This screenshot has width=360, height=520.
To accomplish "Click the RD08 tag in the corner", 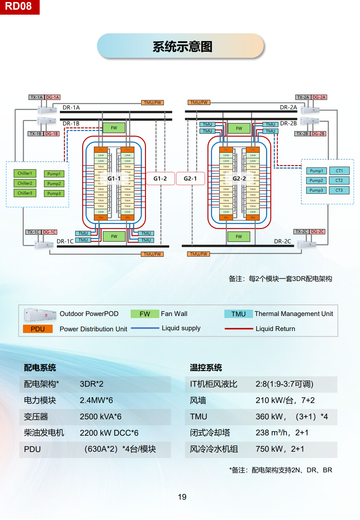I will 19,6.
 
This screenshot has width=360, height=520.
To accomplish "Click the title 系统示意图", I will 182,46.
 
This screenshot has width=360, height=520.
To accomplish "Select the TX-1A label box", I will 36,97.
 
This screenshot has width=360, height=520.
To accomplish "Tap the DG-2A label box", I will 319,97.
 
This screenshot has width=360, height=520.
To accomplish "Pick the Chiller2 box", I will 25,183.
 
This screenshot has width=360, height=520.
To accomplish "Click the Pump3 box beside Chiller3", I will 54,193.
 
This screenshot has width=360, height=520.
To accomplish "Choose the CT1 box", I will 339,171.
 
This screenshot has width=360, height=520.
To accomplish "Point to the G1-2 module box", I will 160,179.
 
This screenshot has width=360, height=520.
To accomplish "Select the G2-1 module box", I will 190,179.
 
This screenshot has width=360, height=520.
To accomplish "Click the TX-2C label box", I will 301,232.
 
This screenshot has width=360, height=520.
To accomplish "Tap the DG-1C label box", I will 50,232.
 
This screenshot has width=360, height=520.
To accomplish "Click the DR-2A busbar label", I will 288,107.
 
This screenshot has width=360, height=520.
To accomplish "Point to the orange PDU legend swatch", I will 38,329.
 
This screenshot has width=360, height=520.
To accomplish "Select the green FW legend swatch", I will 145,314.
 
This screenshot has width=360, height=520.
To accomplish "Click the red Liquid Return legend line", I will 239,329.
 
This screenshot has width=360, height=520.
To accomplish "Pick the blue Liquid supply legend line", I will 145,328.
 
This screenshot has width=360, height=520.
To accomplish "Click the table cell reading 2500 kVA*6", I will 101,417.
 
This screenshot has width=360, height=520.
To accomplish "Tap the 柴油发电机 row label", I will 44,433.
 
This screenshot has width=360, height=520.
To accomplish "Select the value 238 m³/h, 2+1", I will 282,433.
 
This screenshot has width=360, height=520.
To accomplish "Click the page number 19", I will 182,497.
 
